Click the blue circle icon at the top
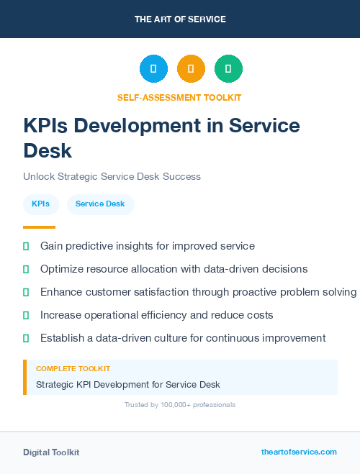tap(153, 68)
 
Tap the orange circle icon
tap(191, 68)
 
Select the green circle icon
tap(228, 68)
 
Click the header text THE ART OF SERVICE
tap(180, 19)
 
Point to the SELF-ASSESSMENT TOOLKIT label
tap(179, 97)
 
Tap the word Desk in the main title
tap(48, 151)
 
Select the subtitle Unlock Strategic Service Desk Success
tap(112, 176)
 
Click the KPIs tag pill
tap(40, 204)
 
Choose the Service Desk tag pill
tap(100, 204)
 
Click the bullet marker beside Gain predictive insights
tap(26, 246)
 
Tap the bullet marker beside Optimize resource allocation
tap(26, 269)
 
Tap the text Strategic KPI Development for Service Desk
tap(128, 385)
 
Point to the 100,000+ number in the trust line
tap(172, 405)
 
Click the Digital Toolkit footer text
tap(51, 452)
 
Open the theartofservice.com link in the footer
tap(299, 452)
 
